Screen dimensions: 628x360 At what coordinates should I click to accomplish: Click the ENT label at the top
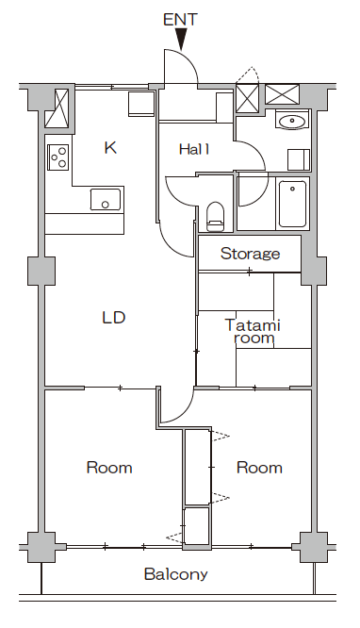181,18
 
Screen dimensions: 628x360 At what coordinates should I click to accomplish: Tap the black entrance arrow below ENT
181,40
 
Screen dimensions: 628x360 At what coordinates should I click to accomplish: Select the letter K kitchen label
110,147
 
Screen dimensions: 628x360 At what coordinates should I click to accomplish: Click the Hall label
194,149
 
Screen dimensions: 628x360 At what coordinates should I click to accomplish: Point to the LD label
114,317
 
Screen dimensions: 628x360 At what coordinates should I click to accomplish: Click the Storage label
250,254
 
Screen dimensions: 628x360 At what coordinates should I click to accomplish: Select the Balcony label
175,573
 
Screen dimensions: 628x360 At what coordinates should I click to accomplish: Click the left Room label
109,467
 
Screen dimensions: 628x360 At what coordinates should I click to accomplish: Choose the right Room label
259,467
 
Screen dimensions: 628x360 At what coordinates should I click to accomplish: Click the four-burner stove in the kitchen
58,156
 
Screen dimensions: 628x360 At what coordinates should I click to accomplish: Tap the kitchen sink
106,200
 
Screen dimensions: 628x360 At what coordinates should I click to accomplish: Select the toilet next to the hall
215,215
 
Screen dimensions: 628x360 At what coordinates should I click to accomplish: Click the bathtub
292,203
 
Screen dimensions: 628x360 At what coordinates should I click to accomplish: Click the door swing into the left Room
172,408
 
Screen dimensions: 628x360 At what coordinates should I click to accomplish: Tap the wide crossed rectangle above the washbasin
282,94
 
